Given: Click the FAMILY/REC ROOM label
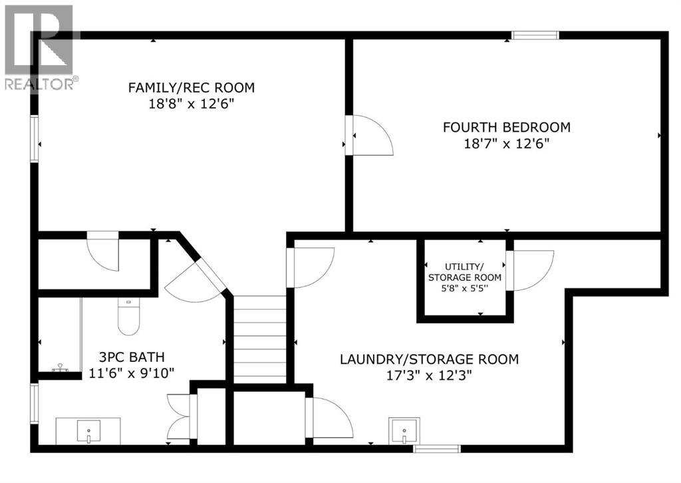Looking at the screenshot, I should click(192, 87).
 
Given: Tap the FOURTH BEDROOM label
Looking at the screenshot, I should click(507, 127).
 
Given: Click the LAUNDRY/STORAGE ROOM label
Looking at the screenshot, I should click(429, 360).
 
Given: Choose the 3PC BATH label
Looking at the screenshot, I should click(132, 357).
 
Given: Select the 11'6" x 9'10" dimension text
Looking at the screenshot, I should click(132, 373).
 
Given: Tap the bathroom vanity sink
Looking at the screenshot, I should click(88, 431).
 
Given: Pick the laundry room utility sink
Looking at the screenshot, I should click(404, 430).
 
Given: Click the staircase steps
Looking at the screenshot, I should click(259, 339).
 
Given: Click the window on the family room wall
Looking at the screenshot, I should click(35, 138).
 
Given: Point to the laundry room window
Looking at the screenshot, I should click(437, 448).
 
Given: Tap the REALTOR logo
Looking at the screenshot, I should click(40, 47).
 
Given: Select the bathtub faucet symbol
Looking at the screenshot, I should click(61, 368).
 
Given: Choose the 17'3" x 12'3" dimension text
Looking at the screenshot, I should click(429, 377).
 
